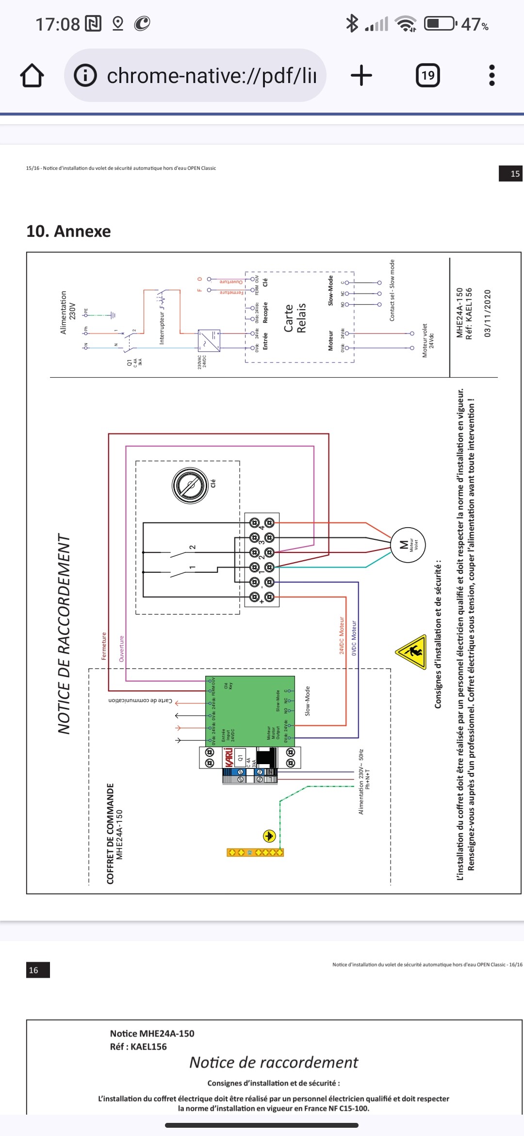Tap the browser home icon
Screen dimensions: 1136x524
pyautogui.click(x=32, y=76)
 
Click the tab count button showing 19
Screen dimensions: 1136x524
pyautogui.click(x=428, y=75)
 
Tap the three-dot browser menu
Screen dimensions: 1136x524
pyautogui.click(x=492, y=75)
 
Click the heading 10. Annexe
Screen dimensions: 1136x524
pyautogui.click(x=68, y=231)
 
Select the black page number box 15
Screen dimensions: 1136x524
pyautogui.click(x=511, y=174)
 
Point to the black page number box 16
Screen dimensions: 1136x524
pyautogui.click(x=38, y=970)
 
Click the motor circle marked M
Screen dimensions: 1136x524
pyautogui.click(x=408, y=545)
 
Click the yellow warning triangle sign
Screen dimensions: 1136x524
pyautogui.click(x=411, y=651)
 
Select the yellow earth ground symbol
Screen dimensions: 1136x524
pyautogui.click(x=269, y=836)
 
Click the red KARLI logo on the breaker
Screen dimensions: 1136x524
pyautogui.click(x=229, y=757)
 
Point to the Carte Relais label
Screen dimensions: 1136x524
pyautogui.click(x=295, y=318)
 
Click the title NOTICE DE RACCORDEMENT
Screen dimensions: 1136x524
pyautogui.click(x=64, y=634)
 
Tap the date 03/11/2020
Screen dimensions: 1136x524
pyautogui.click(x=488, y=313)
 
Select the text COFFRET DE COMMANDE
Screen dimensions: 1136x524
pyautogui.click(x=111, y=833)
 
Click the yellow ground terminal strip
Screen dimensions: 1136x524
pyautogui.click(x=255, y=852)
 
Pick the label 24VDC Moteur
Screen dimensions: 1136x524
pyautogui.click(x=342, y=635)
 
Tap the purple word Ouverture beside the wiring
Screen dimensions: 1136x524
pyautogui.click(x=122, y=649)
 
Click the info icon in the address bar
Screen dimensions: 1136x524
pyautogui.click(x=85, y=75)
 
